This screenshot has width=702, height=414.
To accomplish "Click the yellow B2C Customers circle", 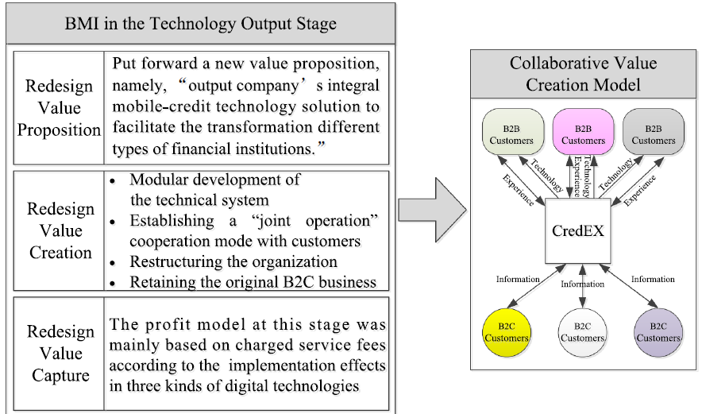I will coord(507,331).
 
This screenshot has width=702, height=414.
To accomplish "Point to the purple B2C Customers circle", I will coord(658,331).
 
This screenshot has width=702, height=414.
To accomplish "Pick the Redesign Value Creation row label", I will coord(60,230).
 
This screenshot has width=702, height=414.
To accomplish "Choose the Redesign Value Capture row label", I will coord(60,352).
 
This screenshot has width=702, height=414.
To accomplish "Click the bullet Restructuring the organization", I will coord(233,261).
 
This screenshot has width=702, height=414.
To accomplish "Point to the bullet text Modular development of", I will coord(214,180).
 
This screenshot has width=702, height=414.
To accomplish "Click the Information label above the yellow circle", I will coord(518,279).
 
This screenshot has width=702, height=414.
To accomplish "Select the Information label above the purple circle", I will coord(653,279).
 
